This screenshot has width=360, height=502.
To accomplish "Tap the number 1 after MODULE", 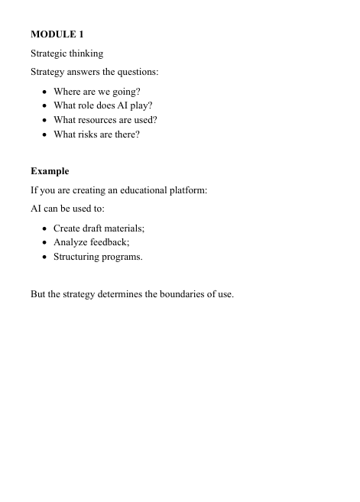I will [81, 34].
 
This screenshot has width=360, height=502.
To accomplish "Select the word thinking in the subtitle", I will [86, 53].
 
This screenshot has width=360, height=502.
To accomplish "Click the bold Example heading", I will [50, 171].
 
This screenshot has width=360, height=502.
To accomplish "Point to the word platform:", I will [188, 190].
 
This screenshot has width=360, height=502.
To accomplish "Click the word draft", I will [94, 228].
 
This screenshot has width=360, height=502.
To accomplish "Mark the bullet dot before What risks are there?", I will [45, 135].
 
